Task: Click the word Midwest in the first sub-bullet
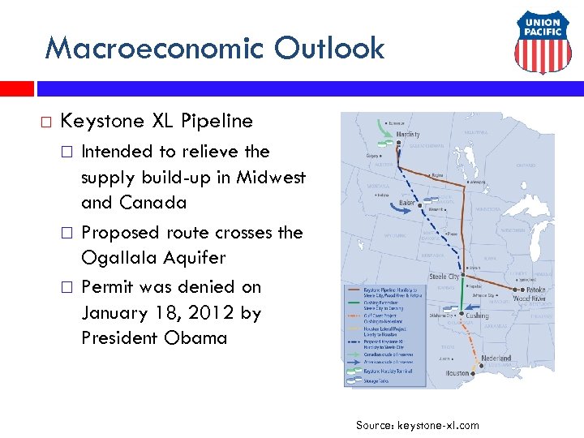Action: point(271,177)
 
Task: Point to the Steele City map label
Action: point(444,277)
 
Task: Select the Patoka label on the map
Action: point(536,290)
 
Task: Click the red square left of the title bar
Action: point(16,88)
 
